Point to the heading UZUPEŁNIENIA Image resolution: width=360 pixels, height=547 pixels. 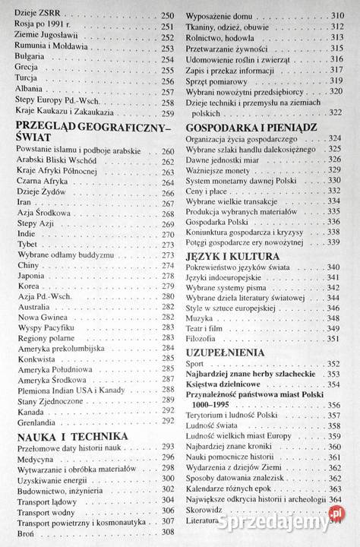(x=225, y=353)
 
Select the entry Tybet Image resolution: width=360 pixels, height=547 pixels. (x=28, y=245)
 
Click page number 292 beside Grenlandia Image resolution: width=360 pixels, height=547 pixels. (x=167, y=421)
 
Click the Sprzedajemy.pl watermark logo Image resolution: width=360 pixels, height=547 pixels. (x=280, y=520)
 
